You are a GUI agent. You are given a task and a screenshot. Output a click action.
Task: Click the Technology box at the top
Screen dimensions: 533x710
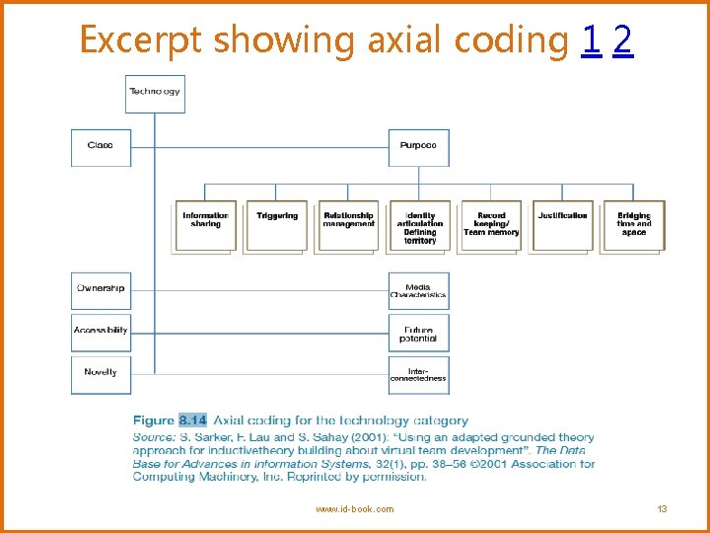(155, 93)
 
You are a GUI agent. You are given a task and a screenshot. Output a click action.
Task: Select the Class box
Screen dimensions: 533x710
(101, 146)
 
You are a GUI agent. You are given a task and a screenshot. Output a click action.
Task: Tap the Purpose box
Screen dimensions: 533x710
(418, 146)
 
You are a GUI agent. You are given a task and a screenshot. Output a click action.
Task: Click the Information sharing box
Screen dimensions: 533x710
(205, 226)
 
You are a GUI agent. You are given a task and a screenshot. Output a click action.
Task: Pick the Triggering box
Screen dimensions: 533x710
(276, 226)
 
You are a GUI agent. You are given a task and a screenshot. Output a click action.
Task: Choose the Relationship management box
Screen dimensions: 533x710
(348, 226)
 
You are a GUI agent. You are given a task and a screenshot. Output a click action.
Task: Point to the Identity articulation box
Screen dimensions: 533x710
(419, 226)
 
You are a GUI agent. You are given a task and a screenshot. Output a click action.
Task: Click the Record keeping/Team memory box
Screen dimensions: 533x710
(490, 226)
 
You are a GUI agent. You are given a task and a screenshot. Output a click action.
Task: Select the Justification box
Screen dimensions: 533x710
(562, 226)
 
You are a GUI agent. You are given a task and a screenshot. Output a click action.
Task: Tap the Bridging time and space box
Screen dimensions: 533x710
(634, 226)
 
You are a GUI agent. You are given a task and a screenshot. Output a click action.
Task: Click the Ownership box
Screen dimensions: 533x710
(101, 289)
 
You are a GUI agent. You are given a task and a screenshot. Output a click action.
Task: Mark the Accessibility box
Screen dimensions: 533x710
(101, 331)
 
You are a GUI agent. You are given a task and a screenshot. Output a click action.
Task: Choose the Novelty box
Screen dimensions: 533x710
(101, 373)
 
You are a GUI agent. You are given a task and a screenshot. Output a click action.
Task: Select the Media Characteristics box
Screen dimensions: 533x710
(418, 291)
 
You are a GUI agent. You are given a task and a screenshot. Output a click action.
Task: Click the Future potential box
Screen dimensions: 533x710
(418, 334)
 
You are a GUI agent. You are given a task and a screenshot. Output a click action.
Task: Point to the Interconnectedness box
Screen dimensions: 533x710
(418, 374)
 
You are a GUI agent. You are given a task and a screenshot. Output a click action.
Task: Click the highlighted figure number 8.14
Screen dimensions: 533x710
(192, 420)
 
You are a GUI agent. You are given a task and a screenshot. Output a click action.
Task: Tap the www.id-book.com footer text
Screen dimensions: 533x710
(354, 509)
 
